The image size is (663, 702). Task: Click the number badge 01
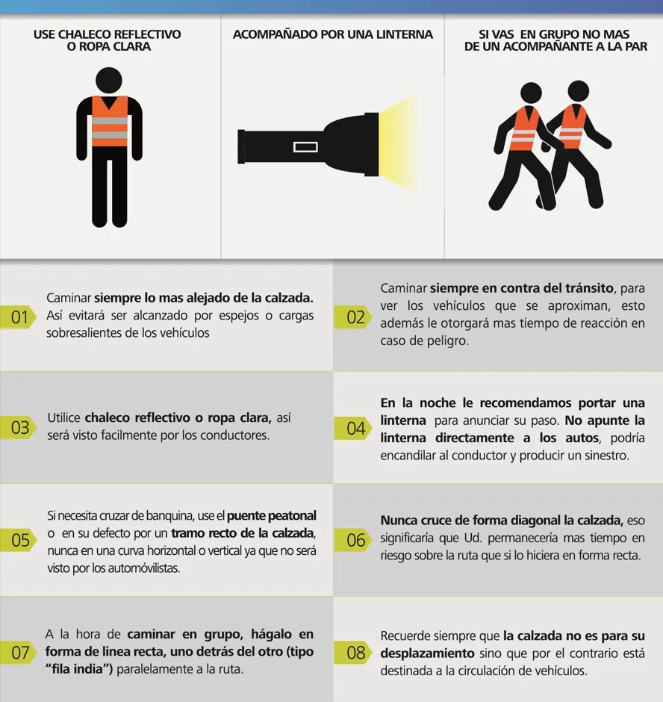click(18, 317)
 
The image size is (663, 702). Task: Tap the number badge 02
click(353, 317)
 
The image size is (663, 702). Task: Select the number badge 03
click(18, 428)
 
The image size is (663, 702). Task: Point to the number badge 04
click(353, 429)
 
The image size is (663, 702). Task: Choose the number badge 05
click(18, 540)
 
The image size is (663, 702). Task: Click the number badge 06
click(353, 540)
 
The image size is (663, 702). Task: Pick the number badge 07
click(18, 653)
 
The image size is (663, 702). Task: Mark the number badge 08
click(353, 653)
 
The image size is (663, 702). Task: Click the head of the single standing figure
click(109, 81)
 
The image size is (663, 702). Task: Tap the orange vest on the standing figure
click(110, 121)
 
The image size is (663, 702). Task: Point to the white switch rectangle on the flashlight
click(306, 147)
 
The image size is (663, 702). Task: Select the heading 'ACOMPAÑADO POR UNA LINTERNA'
click(332, 34)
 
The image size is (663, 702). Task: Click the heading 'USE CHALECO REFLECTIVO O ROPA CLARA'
click(108, 40)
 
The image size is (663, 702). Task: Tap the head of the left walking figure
click(531, 93)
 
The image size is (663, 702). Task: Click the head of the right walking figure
click(579, 91)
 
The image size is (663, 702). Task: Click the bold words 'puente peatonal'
click(272, 516)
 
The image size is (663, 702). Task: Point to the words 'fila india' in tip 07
click(78, 669)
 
